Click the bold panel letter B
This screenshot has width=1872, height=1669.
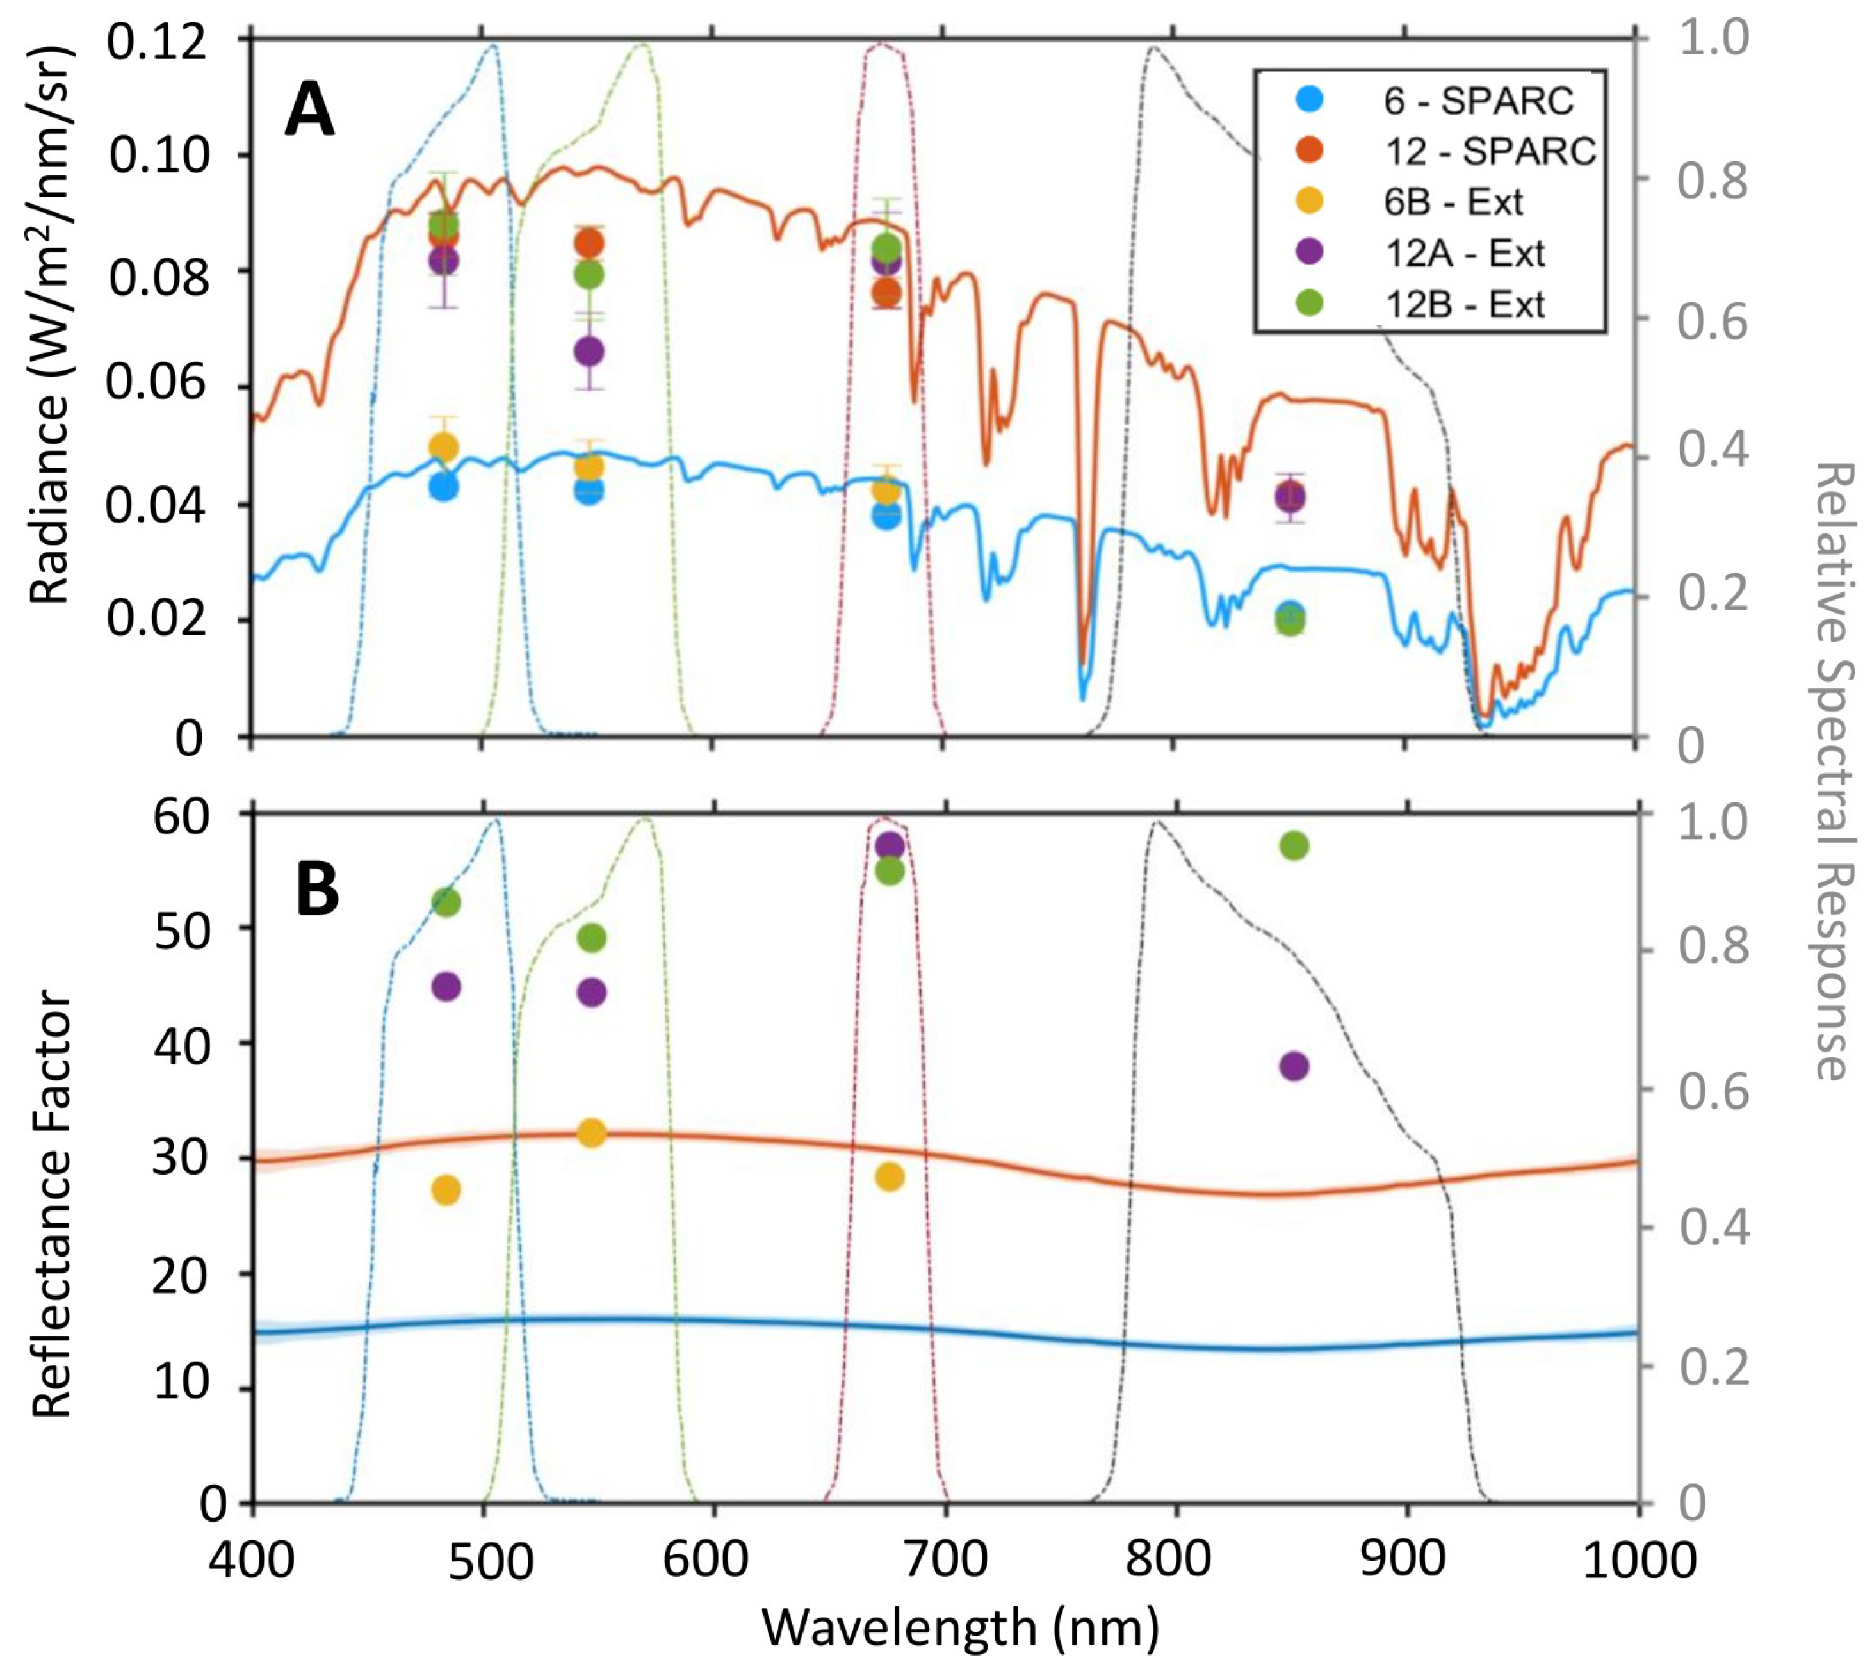click(318, 890)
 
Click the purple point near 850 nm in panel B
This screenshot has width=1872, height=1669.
click(1293, 1066)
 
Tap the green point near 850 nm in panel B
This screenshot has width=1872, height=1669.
click(1293, 845)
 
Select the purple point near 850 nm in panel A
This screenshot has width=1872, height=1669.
click(1290, 497)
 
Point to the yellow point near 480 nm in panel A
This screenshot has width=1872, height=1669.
click(444, 448)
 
